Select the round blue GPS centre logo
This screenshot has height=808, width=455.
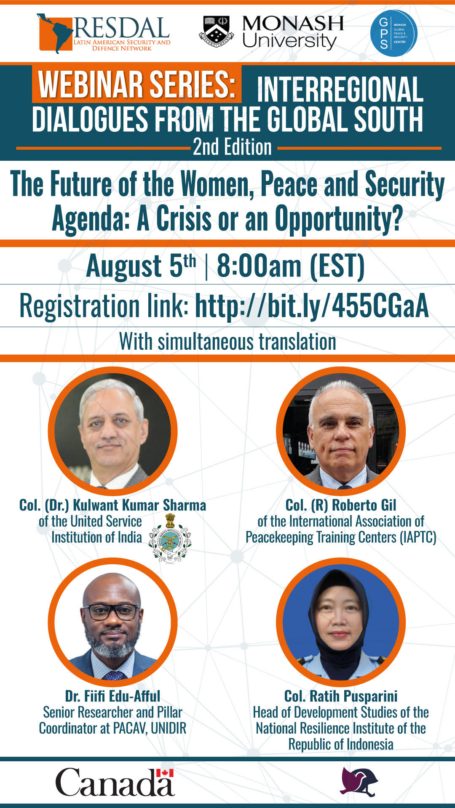pyautogui.click(x=393, y=33)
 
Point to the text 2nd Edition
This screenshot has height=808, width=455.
pyautogui.click(x=232, y=147)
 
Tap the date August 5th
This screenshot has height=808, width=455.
pyautogui.click(x=141, y=266)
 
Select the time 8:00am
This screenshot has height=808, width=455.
pyautogui.click(x=259, y=266)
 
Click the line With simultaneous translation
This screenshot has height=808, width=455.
pyautogui.click(x=227, y=341)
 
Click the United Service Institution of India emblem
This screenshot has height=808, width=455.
pyautogui.click(x=170, y=538)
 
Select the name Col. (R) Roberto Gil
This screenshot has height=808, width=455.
pyautogui.click(x=341, y=505)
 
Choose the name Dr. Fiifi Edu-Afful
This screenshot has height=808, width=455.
pyautogui.click(x=112, y=696)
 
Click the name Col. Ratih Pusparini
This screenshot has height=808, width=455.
pyautogui.click(x=341, y=696)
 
